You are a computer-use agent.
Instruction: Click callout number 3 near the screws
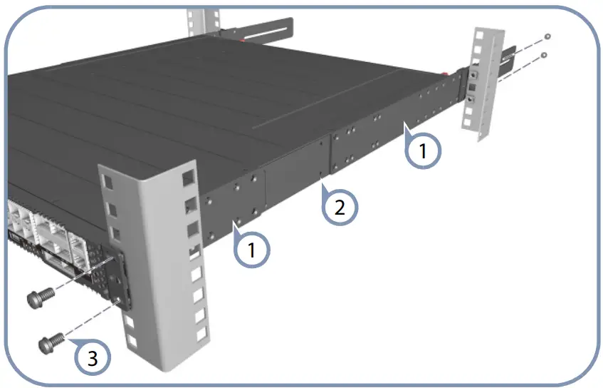point(92,356)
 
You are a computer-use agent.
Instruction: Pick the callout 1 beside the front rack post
point(253,251)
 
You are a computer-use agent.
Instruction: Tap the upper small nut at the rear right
point(546,36)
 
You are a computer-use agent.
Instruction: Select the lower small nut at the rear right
point(544,54)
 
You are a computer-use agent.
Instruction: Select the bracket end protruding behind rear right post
point(508,61)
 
